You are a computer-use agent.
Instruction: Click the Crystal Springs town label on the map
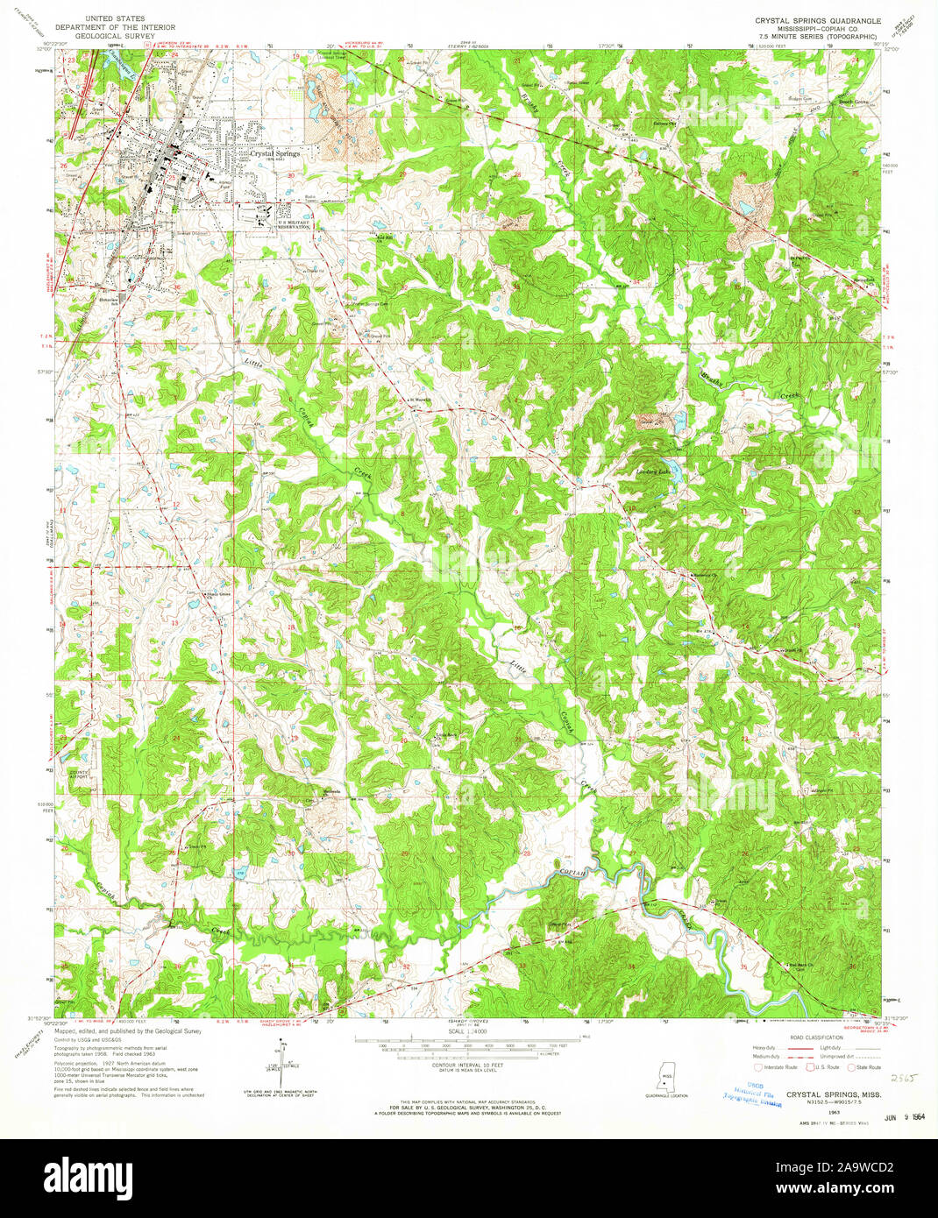coord(275,153)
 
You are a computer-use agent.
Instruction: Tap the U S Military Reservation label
coord(295,224)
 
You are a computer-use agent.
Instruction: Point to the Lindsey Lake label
coord(652,471)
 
